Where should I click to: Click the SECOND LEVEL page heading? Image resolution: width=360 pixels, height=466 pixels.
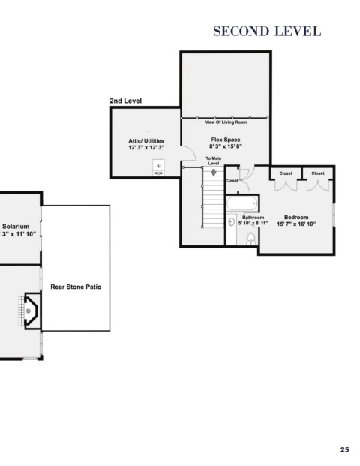click(x=267, y=32)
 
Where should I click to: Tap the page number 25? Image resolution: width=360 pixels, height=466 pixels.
click(x=344, y=449)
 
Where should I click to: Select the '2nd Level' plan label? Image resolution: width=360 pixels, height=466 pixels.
click(x=126, y=101)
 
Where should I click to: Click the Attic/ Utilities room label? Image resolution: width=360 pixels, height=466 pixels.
click(x=146, y=140)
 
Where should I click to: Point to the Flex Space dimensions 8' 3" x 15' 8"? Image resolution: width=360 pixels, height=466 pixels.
click(x=226, y=146)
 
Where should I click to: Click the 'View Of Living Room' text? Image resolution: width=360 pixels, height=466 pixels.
click(x=226, y=122)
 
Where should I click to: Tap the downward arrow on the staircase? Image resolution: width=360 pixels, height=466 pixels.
click(x=214, y=172)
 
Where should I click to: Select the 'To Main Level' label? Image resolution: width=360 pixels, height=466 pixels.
click(x=214, y=161)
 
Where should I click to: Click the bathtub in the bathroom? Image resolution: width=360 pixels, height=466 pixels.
click(x=242, y=204)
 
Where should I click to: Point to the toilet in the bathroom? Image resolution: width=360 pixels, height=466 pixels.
click(x=251, y=239)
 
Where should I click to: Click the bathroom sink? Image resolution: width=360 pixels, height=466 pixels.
click(x=232, y=221)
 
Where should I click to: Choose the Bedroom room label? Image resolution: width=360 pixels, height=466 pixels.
click(x=296, y=218)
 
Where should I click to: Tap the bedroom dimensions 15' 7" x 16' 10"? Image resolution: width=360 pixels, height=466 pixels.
click(x=296, y=224)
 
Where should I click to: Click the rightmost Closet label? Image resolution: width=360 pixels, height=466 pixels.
click(x=318, y=173)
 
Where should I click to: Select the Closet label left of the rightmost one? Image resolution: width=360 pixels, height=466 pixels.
click(x=286, y=173)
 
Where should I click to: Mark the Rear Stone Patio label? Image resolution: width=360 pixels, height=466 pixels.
click(x=76, y=287)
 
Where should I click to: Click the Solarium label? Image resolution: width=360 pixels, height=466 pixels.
click(x=16, y=227)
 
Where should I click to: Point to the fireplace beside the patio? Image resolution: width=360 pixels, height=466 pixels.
click(x=31, y=311)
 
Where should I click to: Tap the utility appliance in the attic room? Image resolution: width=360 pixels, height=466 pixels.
click(x=158, y=168)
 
